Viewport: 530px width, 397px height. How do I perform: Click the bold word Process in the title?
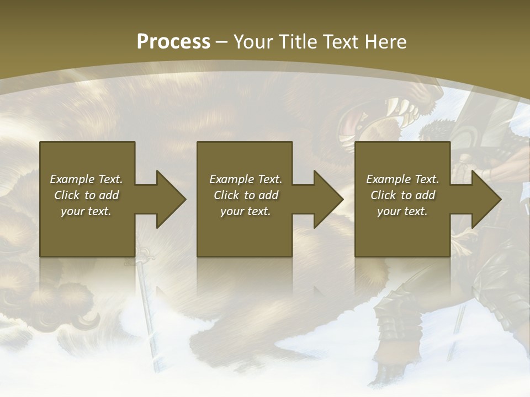[173, 42]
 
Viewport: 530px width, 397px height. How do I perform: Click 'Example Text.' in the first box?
[86, 179]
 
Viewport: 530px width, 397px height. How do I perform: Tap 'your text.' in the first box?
[86, 211]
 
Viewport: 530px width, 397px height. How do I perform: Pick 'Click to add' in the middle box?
[246, 195]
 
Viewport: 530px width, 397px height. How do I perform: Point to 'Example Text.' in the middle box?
[246, 179]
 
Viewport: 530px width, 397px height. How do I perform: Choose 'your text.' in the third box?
[402, 211]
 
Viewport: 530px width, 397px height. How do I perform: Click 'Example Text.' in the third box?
[402, 179]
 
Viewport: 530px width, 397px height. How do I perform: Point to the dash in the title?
[221, 42]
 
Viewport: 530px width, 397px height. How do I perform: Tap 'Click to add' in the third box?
[402, 195]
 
